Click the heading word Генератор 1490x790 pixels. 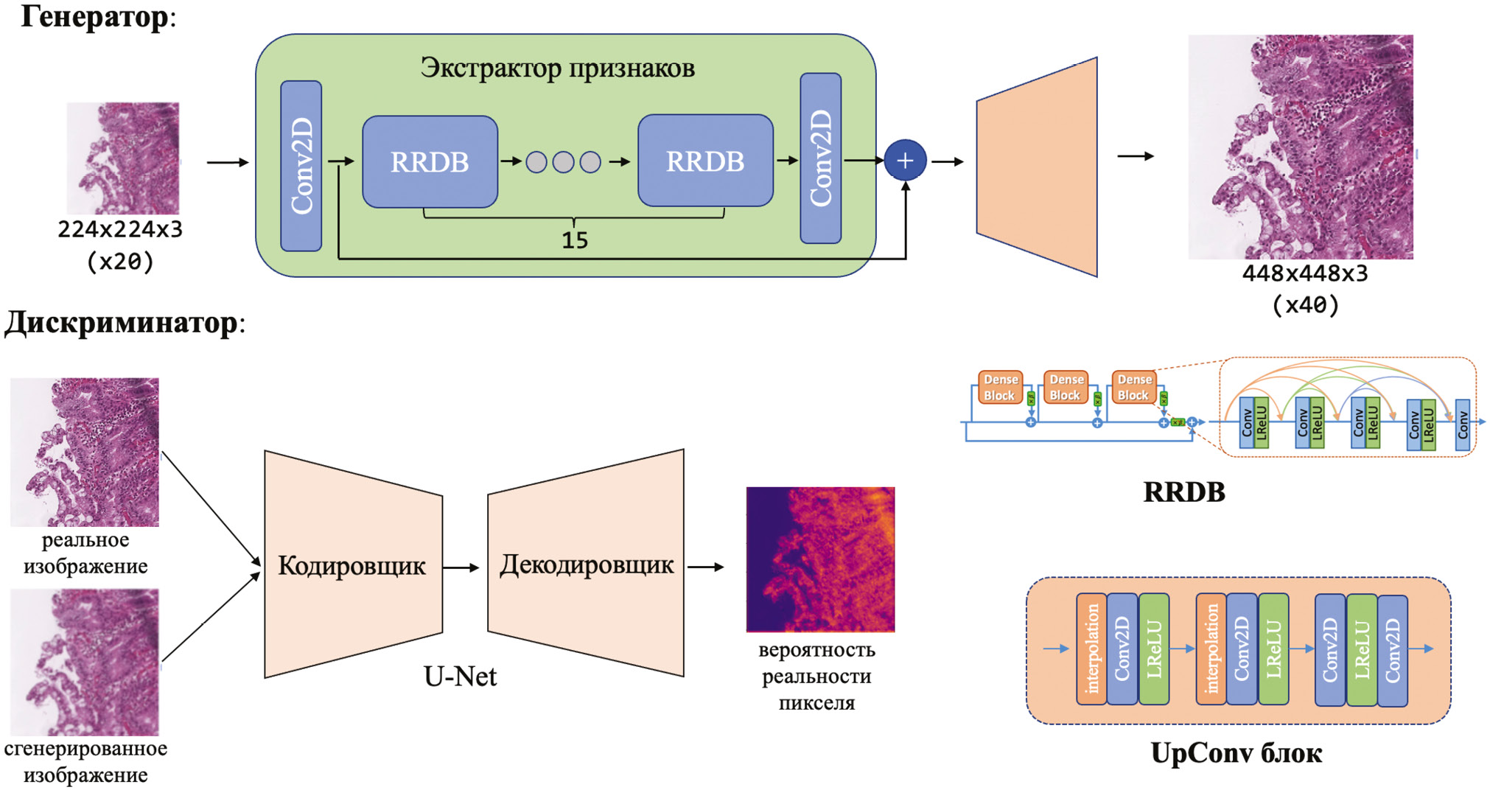click(94, 16)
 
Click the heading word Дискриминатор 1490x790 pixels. click(121, 323)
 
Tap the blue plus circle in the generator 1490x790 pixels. click(905, 160)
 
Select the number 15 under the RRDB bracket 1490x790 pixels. click(575, 240)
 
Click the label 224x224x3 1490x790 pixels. click(120, 229)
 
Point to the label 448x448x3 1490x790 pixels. click(1305, 273)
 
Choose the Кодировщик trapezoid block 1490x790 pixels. click(352, 565)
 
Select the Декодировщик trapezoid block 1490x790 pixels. click(587, 564)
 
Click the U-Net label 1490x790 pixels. click(460, 676)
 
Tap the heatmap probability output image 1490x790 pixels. click(820, 559)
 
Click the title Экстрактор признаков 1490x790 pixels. click(557, 68)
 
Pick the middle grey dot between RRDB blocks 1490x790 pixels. click(563, 162)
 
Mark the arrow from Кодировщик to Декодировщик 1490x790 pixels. click(462, 567)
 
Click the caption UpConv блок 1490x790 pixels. click(1236, 753)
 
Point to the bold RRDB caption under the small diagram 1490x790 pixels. click(1183, 492)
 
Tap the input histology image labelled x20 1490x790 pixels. click(123, 158)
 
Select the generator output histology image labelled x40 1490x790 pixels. click(1301, 147)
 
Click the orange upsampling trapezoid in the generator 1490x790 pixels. click(1037, 167)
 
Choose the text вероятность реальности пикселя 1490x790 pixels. click(816, 676)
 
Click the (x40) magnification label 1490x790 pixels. click(1305, 305)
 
